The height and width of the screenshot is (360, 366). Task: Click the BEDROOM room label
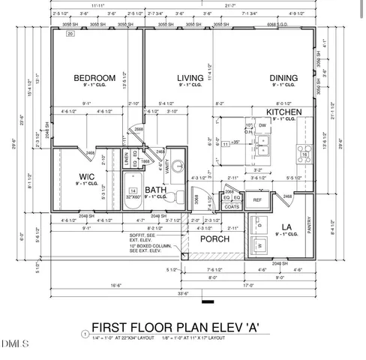[94, 78]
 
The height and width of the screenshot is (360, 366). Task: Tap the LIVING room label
[190, 78]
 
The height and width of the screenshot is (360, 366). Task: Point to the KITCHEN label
[283, 111]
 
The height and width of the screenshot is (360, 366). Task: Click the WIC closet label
[87, 177]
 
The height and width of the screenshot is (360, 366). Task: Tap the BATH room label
[155, 190]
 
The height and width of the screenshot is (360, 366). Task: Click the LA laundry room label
[286, 226]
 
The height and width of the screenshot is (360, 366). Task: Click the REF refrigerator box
[257, 200]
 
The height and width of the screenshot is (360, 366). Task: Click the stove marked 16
[304, 154]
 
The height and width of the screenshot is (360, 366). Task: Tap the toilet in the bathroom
[174, 194]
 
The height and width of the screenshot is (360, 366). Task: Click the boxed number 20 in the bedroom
[70, 34]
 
